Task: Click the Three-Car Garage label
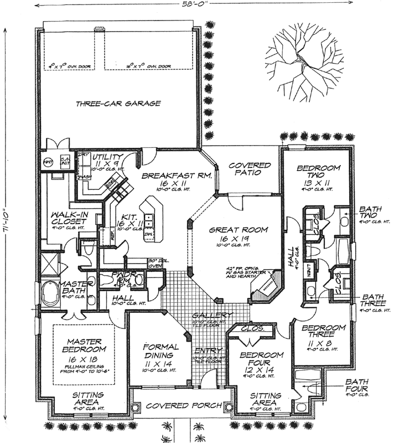tap(118, 104)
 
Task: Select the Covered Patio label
tap(250, 169)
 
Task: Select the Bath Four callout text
tap(357, 385)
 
